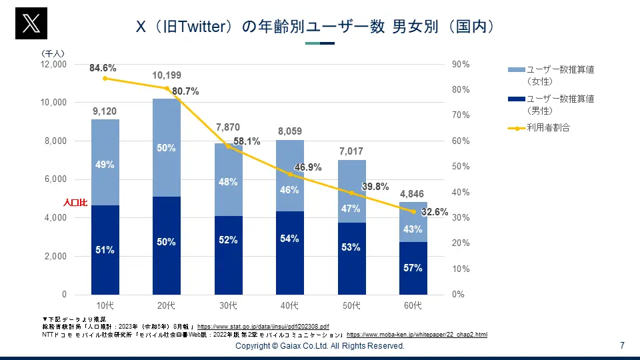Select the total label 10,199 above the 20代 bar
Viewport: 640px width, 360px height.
[x=167, y=76]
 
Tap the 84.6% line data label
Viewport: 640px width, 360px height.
[x=103, y=68]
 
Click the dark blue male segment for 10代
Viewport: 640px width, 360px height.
[x=105, y=250]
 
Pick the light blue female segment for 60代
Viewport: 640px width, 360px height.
[x=413, y=222]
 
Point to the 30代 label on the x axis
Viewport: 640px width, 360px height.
[x=228, y=306]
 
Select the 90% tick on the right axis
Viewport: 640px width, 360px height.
[x=461, y=65]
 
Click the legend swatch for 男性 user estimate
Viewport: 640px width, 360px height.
[x=516, y=99]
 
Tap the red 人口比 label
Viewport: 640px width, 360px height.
[x=75, y=201]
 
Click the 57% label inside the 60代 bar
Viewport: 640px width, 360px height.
[x=413, y=268]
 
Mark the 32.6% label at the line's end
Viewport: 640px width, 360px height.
[x=434, y=212]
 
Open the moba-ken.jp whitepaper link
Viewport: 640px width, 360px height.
[x=417, y=334]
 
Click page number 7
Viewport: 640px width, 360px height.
[x=622, y=345]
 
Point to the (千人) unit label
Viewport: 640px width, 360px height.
[x=53, y=53]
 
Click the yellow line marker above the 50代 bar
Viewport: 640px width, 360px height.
[x=351, y=193]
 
